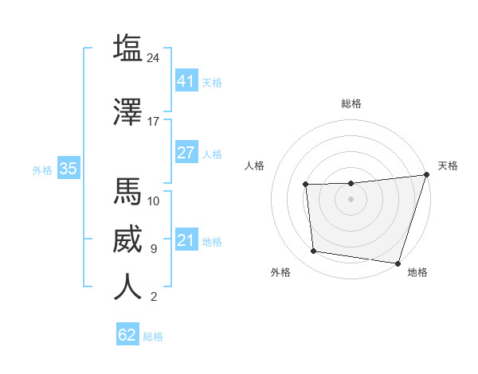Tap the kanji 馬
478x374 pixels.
coord(128,191)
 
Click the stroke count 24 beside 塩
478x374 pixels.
coord(154,58)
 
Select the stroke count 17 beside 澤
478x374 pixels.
coord(154,122)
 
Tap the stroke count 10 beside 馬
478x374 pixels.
coord(154,201)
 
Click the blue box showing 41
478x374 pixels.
coord(186,80)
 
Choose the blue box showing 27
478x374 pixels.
coord(186,153)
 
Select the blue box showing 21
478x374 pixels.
coord(186,240)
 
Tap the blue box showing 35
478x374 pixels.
coord(68,169)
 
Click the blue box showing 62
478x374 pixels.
coord(127,335)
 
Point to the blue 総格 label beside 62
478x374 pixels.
coord(153,337)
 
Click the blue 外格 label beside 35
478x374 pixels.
coord(42,169)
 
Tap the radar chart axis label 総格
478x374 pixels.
coord(351,103)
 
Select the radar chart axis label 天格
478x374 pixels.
coord(448,166)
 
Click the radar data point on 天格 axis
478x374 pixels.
coord(425,175)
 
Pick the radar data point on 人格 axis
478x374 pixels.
coord(305,185)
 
